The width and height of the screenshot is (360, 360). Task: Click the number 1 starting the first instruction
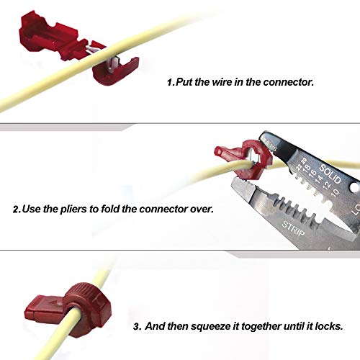tap(170, 82)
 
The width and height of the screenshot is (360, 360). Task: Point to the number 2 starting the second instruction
tap(16, 210)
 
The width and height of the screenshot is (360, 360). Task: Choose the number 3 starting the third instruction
tap(137, 326)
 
